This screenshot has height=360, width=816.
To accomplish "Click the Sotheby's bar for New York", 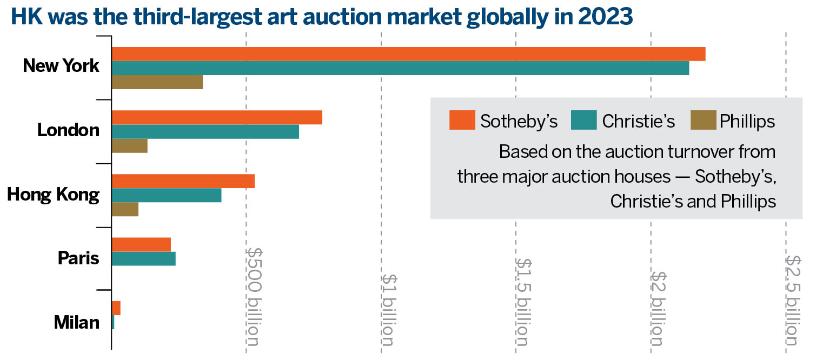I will pyautogui.click(x=408, y=54).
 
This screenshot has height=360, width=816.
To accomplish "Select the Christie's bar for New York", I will pyautogui.click(x=400, y=68).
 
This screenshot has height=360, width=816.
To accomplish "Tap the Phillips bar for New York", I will pyautogui.click(x=157, y=82).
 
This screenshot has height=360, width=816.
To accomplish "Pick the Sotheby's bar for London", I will pyautogui.click(x=216, y=117).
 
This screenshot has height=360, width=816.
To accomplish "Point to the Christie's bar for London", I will pyautogui.click(x=205, y=131).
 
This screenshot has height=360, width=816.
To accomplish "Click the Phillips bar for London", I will pyautogui.click(x=129, y=145).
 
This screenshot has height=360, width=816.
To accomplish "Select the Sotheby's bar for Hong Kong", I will pyautogui.click(x=183, y=181).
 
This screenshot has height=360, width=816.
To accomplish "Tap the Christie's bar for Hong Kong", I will pyautogui.click(x=166, y=195).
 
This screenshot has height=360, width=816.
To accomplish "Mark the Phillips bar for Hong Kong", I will pyautogui.click(x=125, y=209).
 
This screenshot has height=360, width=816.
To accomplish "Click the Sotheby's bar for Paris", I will pyautogui.click(x=141, y=244).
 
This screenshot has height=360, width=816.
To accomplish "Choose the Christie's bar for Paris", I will pyautogui.click(x=143, y=259).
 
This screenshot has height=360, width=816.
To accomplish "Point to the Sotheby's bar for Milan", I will pyautogui.click(x=116, y=308).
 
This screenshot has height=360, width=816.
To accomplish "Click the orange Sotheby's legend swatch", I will pyautogui.click(x=462, y=121).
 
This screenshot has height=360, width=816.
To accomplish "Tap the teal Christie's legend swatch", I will pyautogui.click(x=583, y=121).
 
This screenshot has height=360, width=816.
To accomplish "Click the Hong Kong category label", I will pyautogui.click(x=53, y=195).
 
